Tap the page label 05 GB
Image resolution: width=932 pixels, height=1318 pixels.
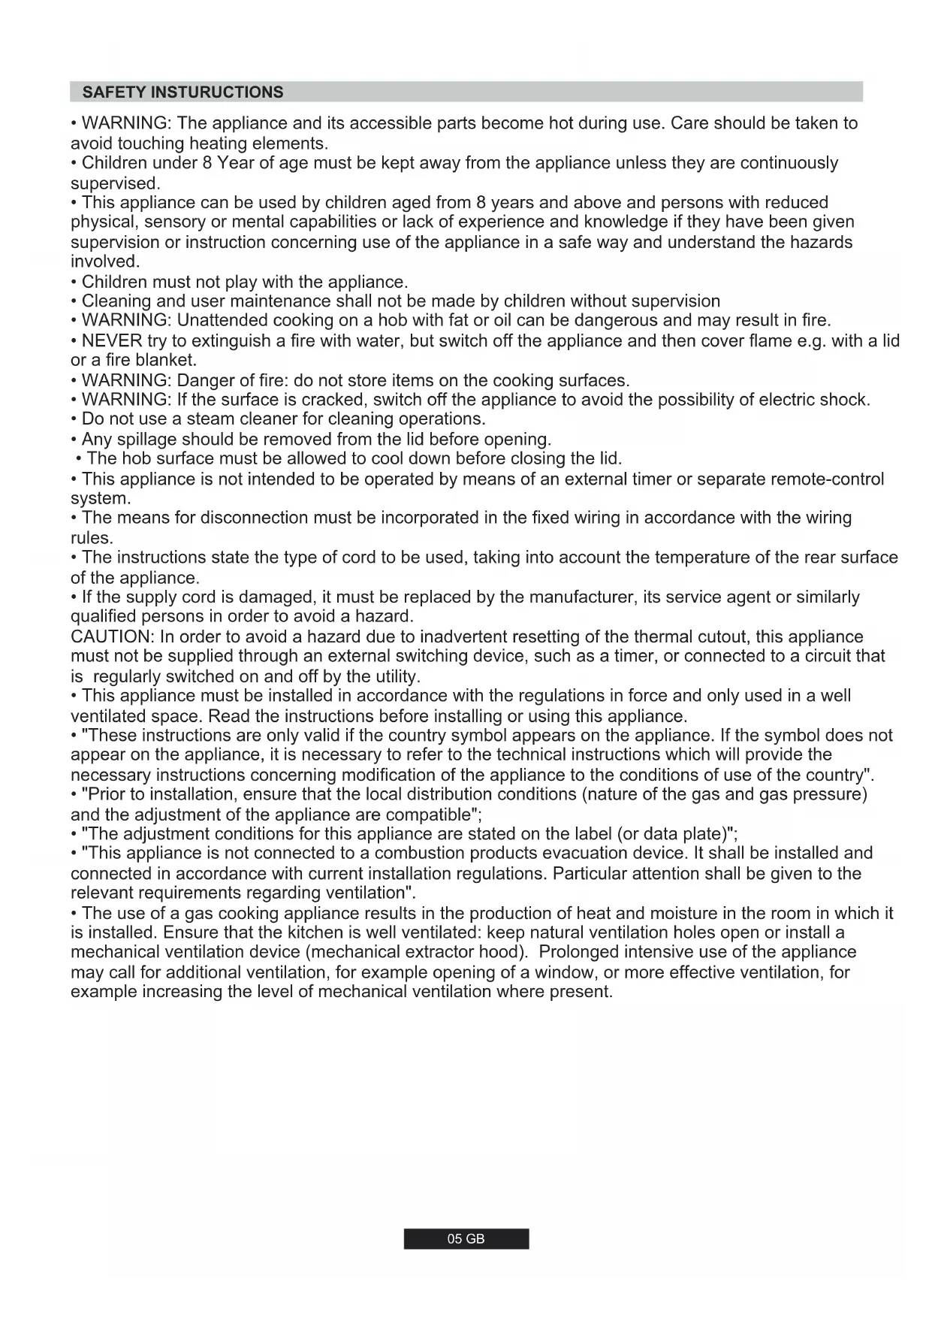(x=466, y=1239)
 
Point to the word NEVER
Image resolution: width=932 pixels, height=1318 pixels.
(x=111, y=341)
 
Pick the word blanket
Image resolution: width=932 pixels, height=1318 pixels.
(x=165, y=361)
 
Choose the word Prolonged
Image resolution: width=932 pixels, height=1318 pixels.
(x=587, y=953)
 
